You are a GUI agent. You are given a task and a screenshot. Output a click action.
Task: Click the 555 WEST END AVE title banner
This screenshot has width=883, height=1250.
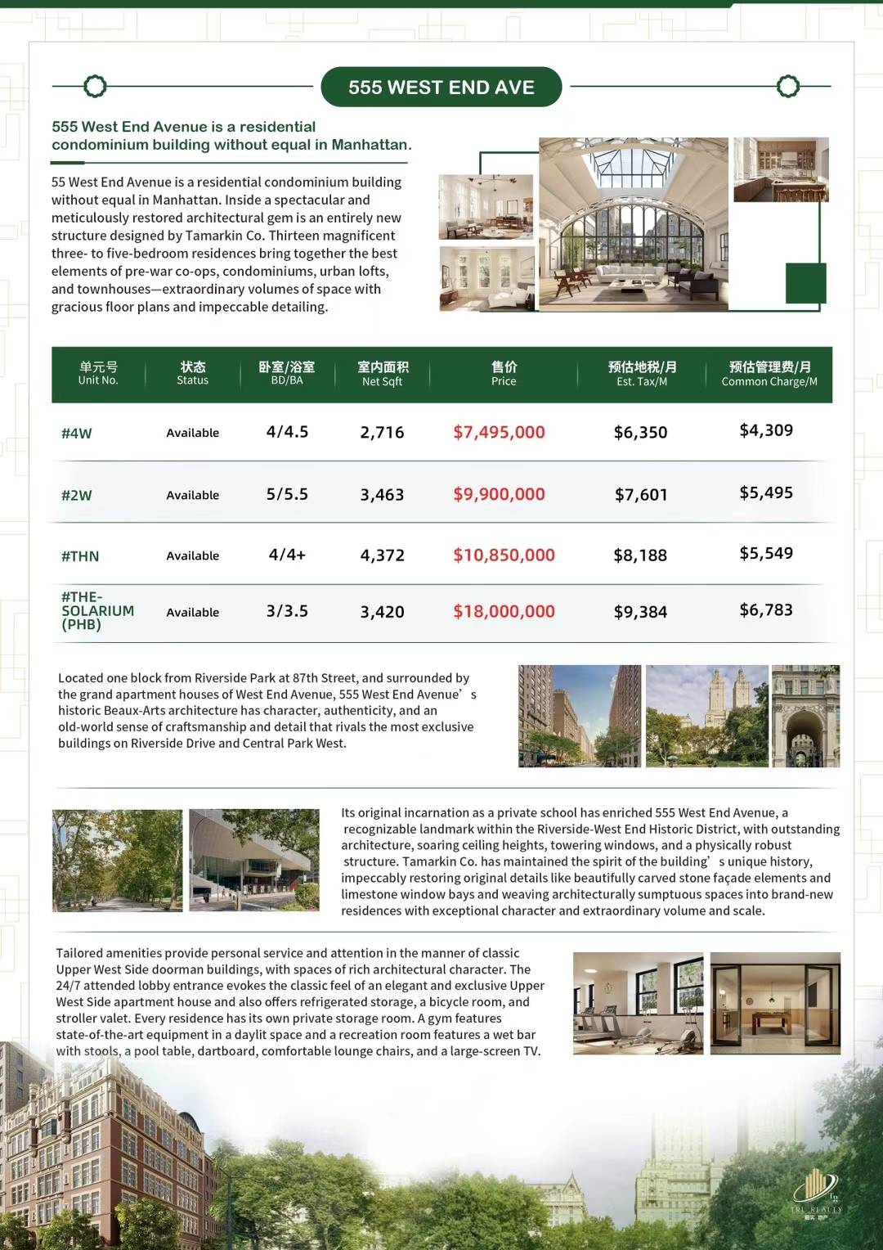pos(441,88)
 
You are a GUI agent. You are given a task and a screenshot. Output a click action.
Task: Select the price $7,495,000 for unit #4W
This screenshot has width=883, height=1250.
pos(499,432)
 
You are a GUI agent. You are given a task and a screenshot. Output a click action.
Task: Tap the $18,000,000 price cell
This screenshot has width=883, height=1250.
pos(504,611)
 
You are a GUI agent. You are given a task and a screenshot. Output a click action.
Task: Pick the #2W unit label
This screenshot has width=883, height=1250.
pos(77,495)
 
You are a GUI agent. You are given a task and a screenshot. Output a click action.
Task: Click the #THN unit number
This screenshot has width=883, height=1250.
pos(80,556)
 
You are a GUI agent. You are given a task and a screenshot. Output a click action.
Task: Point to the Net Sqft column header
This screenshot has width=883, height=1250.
pos(383,374)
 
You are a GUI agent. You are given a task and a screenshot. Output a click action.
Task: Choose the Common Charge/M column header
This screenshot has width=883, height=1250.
pos(769,374)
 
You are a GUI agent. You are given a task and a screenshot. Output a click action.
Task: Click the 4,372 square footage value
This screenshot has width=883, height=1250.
pos(383,555)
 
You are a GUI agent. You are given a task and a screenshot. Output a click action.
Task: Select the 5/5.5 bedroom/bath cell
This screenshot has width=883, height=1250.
pos(287,494)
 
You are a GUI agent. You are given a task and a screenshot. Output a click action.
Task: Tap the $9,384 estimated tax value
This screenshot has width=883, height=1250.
pos(640,612)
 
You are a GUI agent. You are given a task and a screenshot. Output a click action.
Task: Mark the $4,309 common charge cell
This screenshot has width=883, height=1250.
pos(766,430)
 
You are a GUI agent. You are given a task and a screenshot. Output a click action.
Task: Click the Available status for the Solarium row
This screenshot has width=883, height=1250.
pos(193,612)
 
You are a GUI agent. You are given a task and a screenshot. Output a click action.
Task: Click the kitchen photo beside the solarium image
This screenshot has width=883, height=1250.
pos(781,169)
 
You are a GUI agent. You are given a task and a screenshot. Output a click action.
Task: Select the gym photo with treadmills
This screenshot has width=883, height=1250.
pos(638,1003)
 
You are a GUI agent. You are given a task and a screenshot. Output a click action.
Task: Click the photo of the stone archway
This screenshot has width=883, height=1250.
pos(805,716)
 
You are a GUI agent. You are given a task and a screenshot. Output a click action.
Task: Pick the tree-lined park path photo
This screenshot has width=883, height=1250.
pos(117,860)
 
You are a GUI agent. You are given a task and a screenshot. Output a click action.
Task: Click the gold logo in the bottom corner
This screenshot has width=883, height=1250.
pos(815,1190)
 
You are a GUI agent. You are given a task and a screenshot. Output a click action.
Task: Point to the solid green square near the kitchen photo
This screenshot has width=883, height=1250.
pos(805,283)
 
